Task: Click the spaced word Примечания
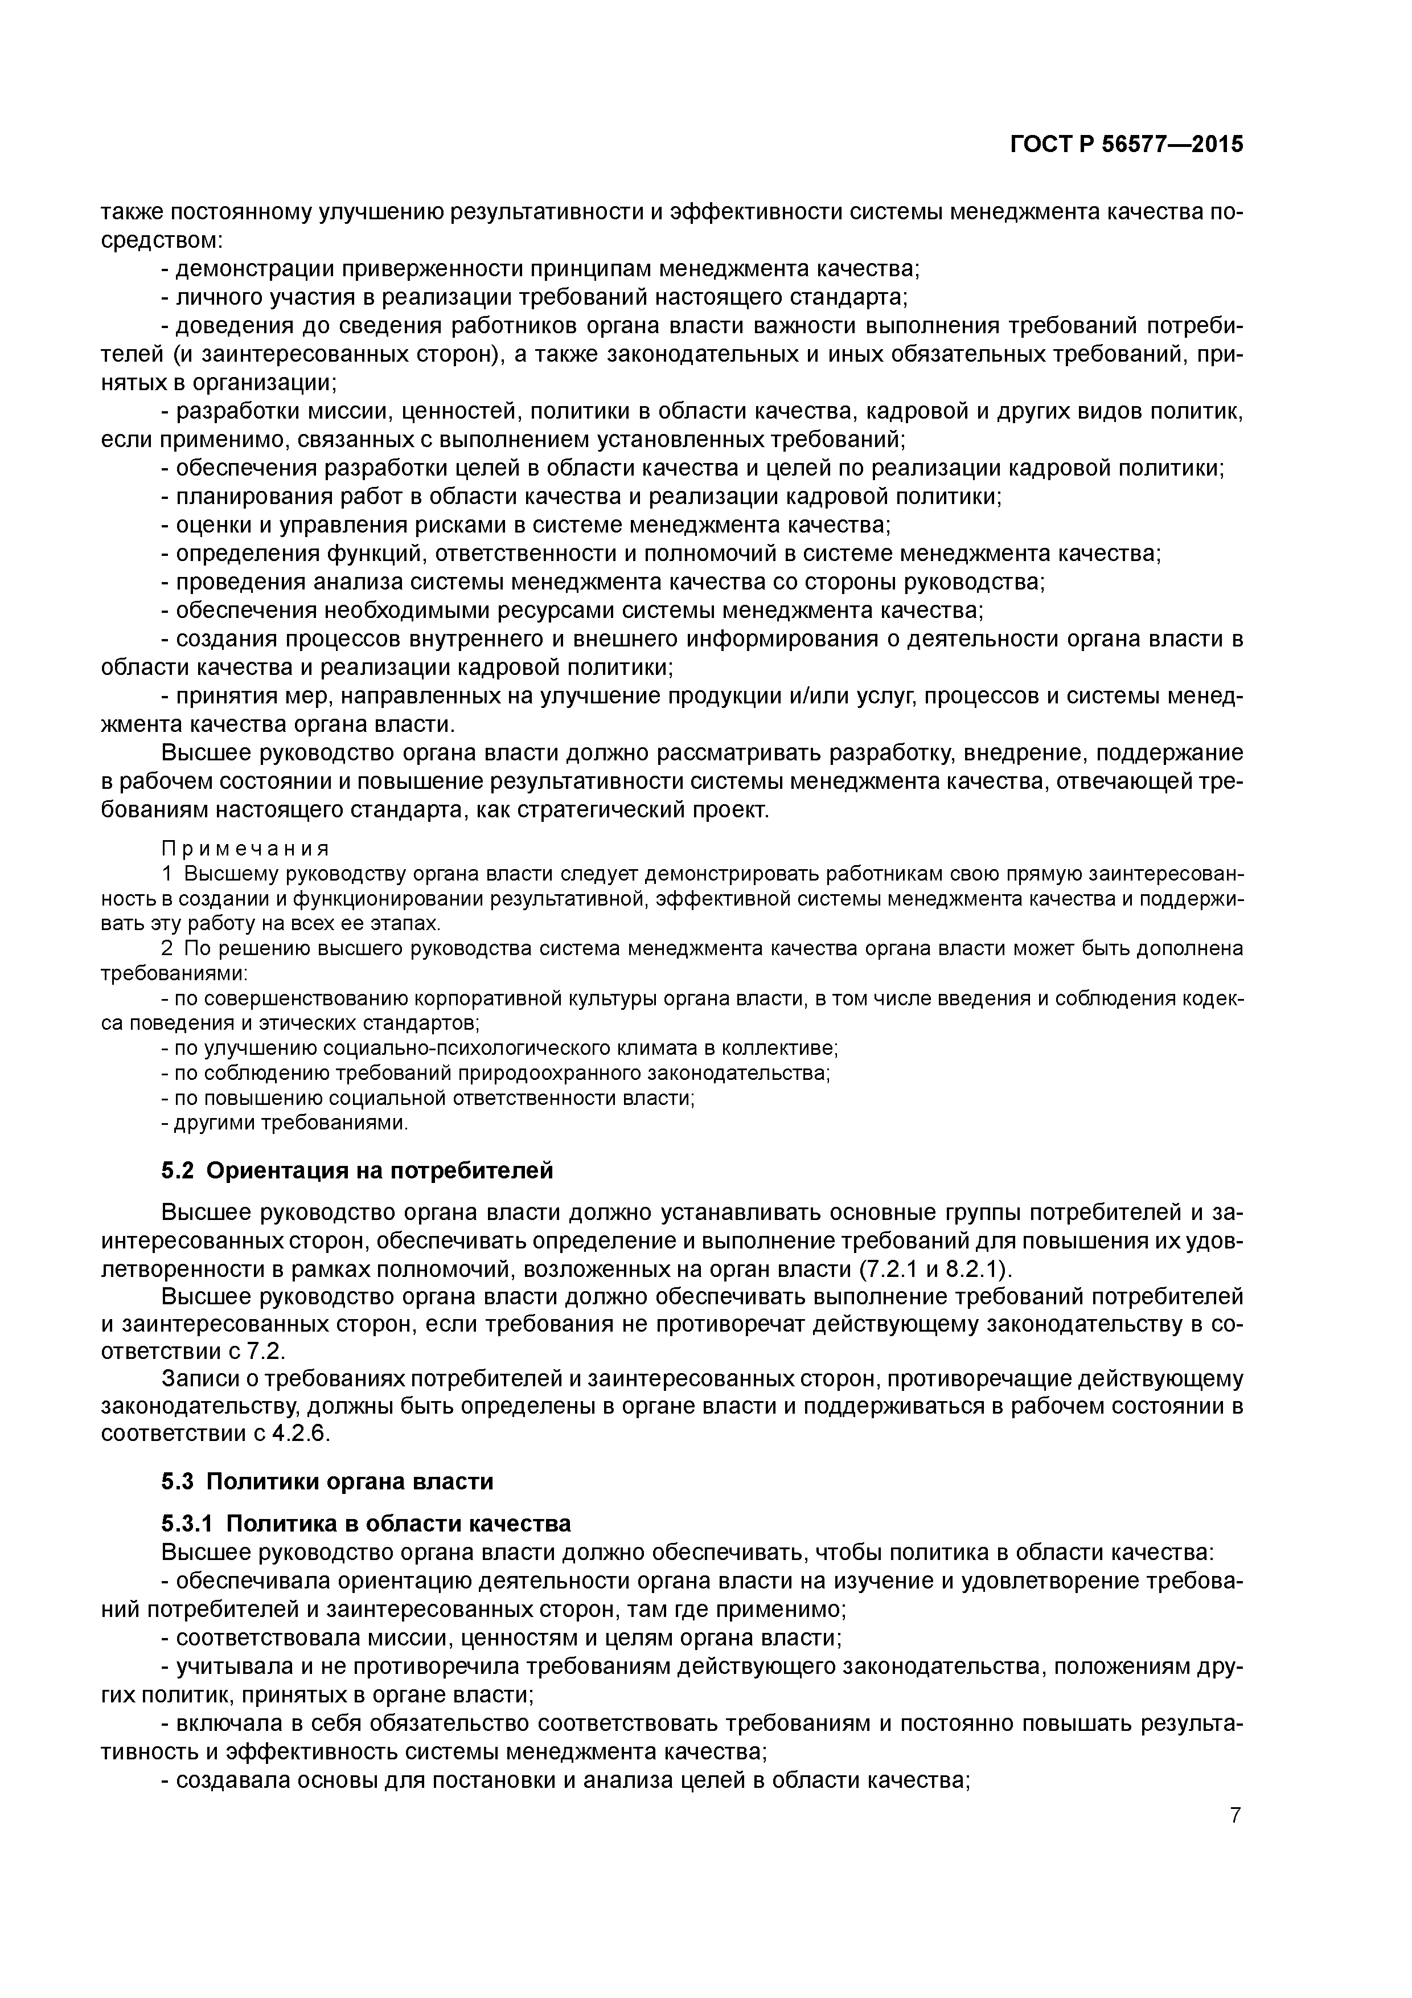[245, 849]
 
